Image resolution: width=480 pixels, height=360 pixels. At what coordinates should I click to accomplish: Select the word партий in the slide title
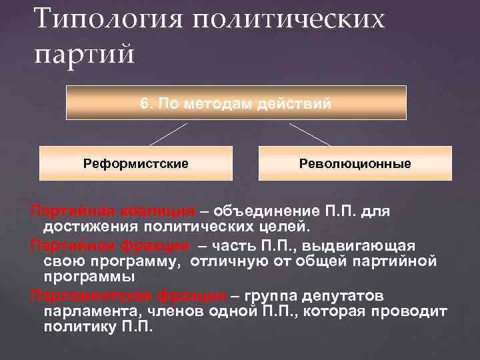[84, 52]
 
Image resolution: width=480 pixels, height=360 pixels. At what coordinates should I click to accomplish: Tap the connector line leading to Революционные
[309, 133]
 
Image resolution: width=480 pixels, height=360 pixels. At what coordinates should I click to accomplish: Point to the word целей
[273, 228]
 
